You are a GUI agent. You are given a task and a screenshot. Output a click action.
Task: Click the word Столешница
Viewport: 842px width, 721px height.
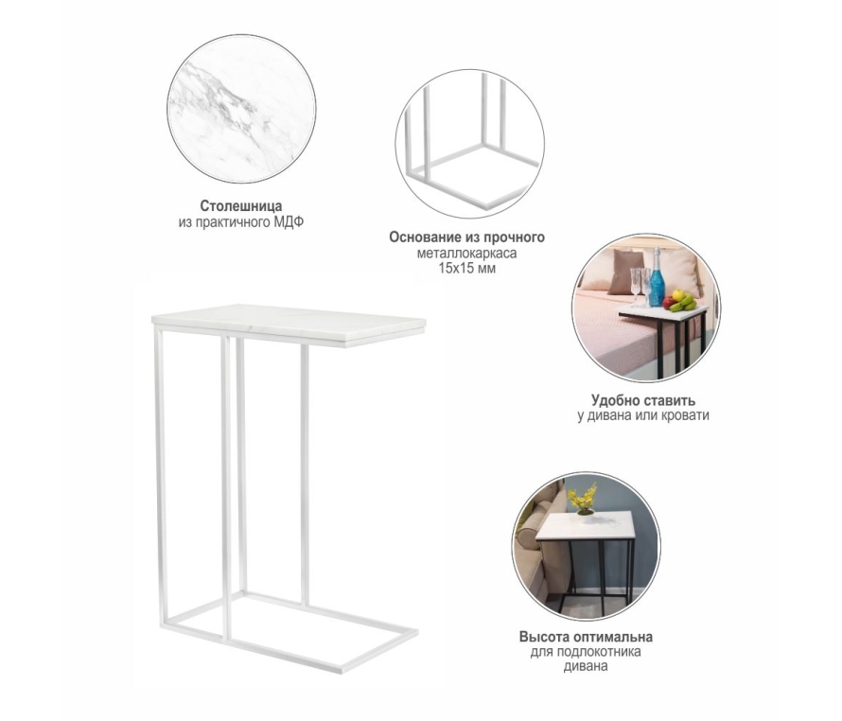(x=241, y=205)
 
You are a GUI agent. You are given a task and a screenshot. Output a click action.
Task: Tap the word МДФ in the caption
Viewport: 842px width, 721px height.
(x=288, y=222)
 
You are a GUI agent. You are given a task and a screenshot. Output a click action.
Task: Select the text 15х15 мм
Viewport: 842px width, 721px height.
(x=466, y=268)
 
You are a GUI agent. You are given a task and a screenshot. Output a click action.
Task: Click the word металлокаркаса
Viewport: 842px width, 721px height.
(x=466, y=253)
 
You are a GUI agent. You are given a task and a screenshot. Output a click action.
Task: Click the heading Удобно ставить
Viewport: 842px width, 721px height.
(x=643, y=400)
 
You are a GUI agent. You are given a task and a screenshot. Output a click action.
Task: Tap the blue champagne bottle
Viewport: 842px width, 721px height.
(x=657, y=278)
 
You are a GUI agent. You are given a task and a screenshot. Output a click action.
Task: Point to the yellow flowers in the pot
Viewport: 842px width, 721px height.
(x=583, y=498)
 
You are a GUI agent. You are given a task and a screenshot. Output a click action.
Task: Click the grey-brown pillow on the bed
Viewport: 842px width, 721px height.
(x=625, y=272)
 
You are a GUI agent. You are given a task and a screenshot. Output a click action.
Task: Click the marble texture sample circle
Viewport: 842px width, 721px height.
(x=241, y=109)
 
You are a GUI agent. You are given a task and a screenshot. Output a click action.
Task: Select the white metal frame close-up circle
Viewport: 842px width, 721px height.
(x=470, y=144)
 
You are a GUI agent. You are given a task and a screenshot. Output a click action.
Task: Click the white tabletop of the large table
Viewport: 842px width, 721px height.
(x=289, y=325)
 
